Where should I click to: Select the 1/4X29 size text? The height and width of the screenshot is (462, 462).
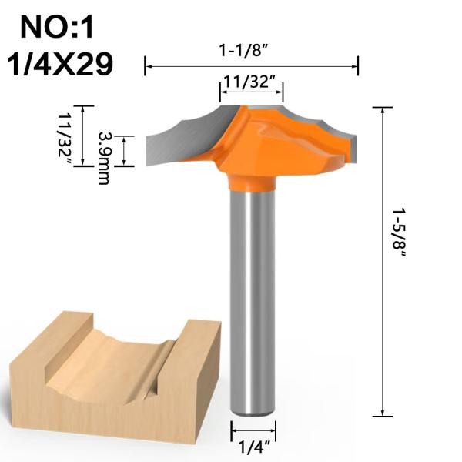pyautogui.click(x=59, y=64)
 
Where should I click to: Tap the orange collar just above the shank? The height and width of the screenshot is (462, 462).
pyautogui.click(x=253, y=182)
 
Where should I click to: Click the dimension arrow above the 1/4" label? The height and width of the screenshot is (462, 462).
pyautogui.click(x=254, y=430)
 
